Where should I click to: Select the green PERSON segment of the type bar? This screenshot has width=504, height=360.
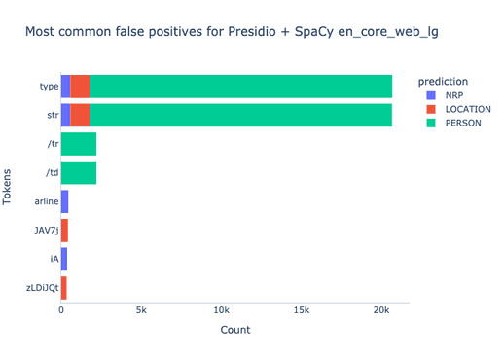[240, 87]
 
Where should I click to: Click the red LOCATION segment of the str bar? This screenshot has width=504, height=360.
[80, 115]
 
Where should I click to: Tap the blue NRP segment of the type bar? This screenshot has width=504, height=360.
[65, 87]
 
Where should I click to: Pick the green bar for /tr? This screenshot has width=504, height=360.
[79, 144]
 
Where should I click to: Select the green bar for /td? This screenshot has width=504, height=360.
[79, 173]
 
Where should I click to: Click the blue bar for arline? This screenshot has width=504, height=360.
[64, 201]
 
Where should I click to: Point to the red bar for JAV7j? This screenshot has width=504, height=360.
[64, 231]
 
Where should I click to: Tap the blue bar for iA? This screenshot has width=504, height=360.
[63, 259]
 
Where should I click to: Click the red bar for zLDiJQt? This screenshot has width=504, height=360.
[63, 288]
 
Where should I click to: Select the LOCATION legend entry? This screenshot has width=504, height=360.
[465, 110]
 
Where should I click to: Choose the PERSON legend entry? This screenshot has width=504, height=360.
[461, 125]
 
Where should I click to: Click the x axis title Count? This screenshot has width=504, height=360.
[234, 331]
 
